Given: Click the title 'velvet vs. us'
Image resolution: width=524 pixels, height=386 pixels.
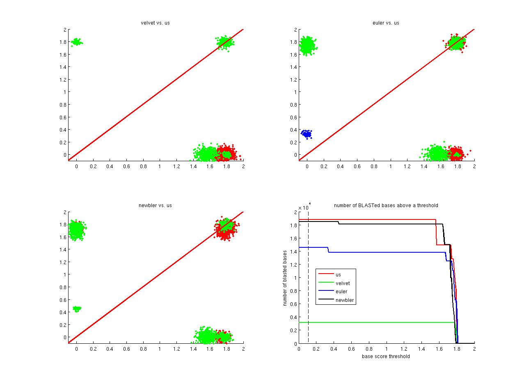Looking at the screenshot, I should tap(155, 23).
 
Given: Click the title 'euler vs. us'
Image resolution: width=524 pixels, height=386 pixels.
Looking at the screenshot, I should tap(386, 23).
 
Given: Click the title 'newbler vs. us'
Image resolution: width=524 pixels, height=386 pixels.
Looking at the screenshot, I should tap(155, 206).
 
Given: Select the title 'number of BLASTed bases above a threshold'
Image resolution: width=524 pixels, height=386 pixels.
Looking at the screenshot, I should tap(386, 206).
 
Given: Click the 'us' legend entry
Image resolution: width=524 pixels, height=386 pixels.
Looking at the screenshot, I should tap(338, 275).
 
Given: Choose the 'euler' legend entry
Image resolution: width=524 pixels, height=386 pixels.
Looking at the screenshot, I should tap(341, 292).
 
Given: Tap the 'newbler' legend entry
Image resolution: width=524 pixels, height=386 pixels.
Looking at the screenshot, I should tap(344, 300).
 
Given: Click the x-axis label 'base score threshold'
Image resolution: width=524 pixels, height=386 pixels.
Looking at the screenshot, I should tap(386, 356).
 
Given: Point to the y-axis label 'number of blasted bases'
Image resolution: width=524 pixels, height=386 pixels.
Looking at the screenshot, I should tap(285, 278).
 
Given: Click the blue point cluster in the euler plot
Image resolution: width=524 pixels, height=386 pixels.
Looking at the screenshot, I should tap(306, 133).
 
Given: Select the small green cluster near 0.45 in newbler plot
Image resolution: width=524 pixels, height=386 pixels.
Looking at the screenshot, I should tap(77, 308).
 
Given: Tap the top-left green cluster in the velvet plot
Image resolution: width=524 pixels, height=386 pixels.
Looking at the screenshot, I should tap(76, 42).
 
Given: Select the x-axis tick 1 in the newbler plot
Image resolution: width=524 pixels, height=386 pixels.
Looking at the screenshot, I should tap(160, 349).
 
